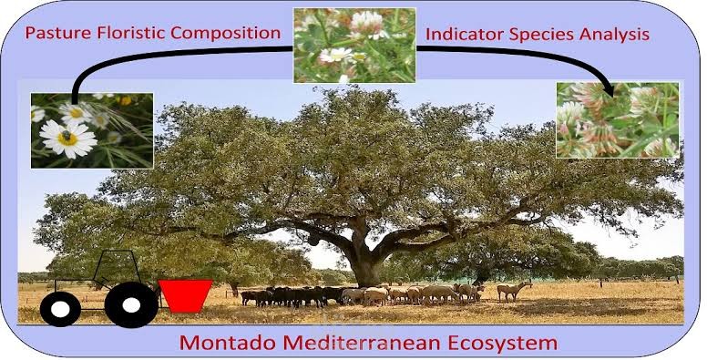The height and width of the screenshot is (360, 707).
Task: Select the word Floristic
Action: [134, 33]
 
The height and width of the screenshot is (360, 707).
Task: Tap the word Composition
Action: [228, 33]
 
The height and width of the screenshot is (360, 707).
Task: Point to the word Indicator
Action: [466, 35]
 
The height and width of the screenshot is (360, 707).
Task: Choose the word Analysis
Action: [617, 35]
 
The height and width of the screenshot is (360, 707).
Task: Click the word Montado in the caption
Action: [217, 344]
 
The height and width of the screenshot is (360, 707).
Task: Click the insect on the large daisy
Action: [67, 136]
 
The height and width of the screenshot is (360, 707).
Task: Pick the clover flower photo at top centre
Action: [353, 45]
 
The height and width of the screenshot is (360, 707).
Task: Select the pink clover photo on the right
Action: [617, 119]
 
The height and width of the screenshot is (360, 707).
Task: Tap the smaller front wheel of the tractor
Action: [59, 309]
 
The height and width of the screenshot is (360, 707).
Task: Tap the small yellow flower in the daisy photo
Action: [125, 99]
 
